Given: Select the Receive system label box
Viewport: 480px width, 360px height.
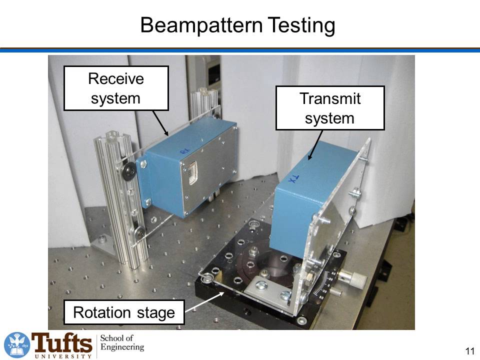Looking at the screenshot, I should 115,88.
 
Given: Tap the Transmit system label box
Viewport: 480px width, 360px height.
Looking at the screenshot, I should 329,108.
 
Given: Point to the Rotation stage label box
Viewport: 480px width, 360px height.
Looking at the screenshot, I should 124,313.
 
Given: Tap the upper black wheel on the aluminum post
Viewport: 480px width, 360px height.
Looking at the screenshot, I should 129,172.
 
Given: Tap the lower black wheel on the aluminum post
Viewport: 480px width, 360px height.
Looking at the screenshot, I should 139,232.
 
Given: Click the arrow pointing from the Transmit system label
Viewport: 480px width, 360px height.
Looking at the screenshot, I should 315,145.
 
